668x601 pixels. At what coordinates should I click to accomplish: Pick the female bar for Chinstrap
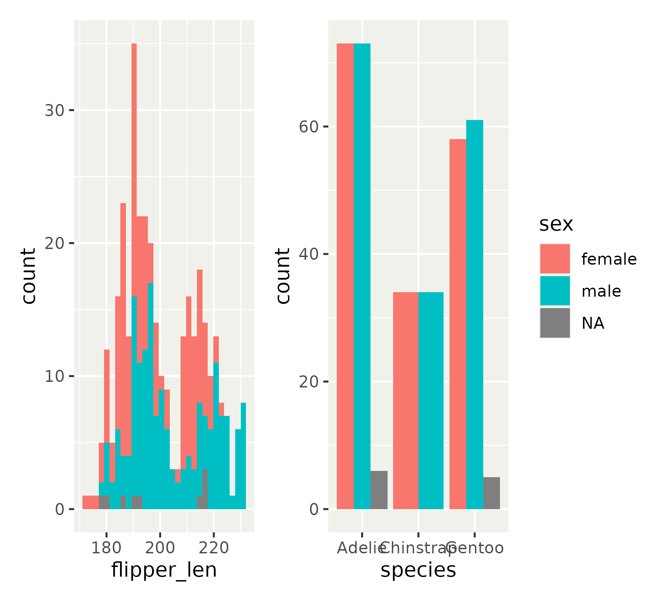tap(406, 400)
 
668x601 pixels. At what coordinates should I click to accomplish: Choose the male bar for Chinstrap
tap(431, 400)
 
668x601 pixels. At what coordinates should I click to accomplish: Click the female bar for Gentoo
tap(458, 324)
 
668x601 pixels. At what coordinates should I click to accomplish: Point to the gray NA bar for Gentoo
tap(491, 493)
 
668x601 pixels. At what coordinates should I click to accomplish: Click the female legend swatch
tap(555, 259)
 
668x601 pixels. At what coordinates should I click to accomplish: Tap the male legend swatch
tap(555, 291)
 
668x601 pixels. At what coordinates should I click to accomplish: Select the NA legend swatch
tap(555, 323)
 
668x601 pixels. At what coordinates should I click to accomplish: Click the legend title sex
tap(556, 224)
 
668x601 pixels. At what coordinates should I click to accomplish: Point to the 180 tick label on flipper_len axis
tap(106, 548)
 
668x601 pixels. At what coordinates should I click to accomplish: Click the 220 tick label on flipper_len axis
tap(214, 548)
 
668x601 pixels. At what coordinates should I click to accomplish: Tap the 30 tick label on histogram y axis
tap(55, 111)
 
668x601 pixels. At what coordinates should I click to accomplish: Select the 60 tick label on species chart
tap(309, 127)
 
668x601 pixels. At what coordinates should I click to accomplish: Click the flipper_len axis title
tap(164, 570)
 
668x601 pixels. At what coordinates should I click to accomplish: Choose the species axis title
tap(418, 570)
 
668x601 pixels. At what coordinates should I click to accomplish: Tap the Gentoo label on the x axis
tap(475, 548)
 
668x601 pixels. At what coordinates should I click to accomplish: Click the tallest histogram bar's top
tap(134, 45)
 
